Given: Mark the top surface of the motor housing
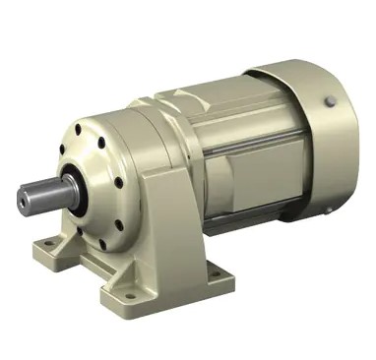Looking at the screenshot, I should tap(217, 98).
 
